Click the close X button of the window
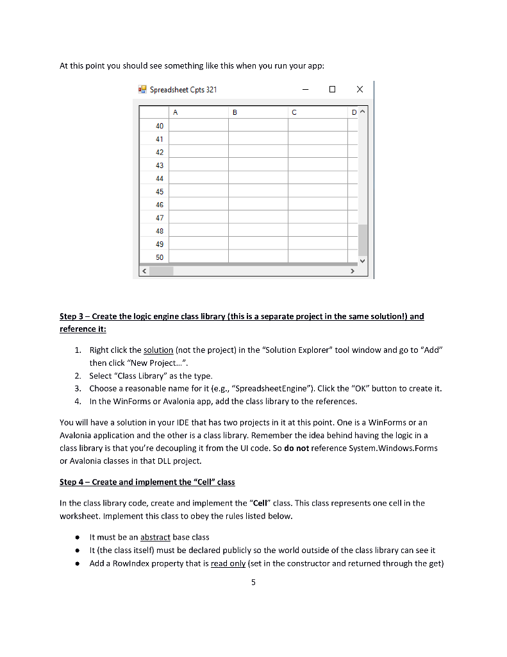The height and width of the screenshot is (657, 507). click(x=359, y=90)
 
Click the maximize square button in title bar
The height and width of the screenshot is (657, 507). click(x=332, y=90)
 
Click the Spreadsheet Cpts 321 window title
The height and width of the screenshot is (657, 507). click(x=183, y=90)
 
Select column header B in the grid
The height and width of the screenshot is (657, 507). click(x=234, y=112)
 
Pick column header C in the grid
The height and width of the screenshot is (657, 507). click(x=294, y=112)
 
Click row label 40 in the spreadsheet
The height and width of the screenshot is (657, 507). click(x=159, y=126)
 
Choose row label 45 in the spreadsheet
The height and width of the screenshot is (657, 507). click(x=159, y=191)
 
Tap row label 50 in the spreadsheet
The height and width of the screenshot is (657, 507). click(x=159, y=257)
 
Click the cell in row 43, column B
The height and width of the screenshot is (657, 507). click(x=258, y=165)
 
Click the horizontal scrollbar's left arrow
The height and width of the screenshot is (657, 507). click(x=144, y=271)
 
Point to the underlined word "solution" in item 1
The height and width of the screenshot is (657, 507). click(x=158, y=350)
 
